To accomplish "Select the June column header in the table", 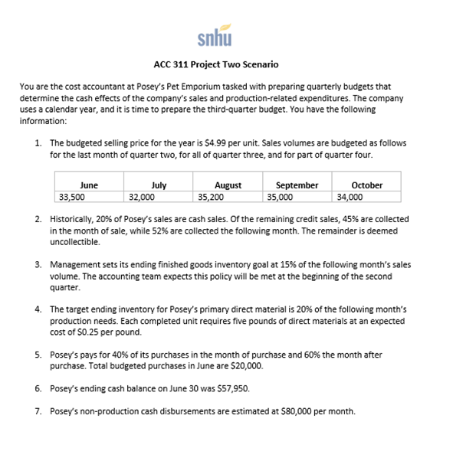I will pos(89,185).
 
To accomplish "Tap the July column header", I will pos(159,185).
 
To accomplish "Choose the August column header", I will pos(228,185).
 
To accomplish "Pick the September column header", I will pos(297,185).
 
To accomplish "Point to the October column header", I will pos(366,185).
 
